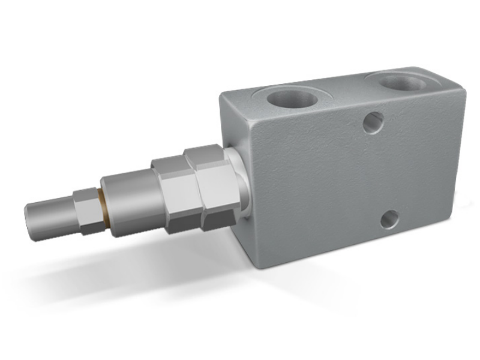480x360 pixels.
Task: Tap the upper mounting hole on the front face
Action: [x=373, y=122]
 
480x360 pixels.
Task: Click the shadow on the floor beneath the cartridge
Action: [x=120, y=258]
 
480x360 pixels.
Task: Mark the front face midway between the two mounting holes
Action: [x=382, y=172]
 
